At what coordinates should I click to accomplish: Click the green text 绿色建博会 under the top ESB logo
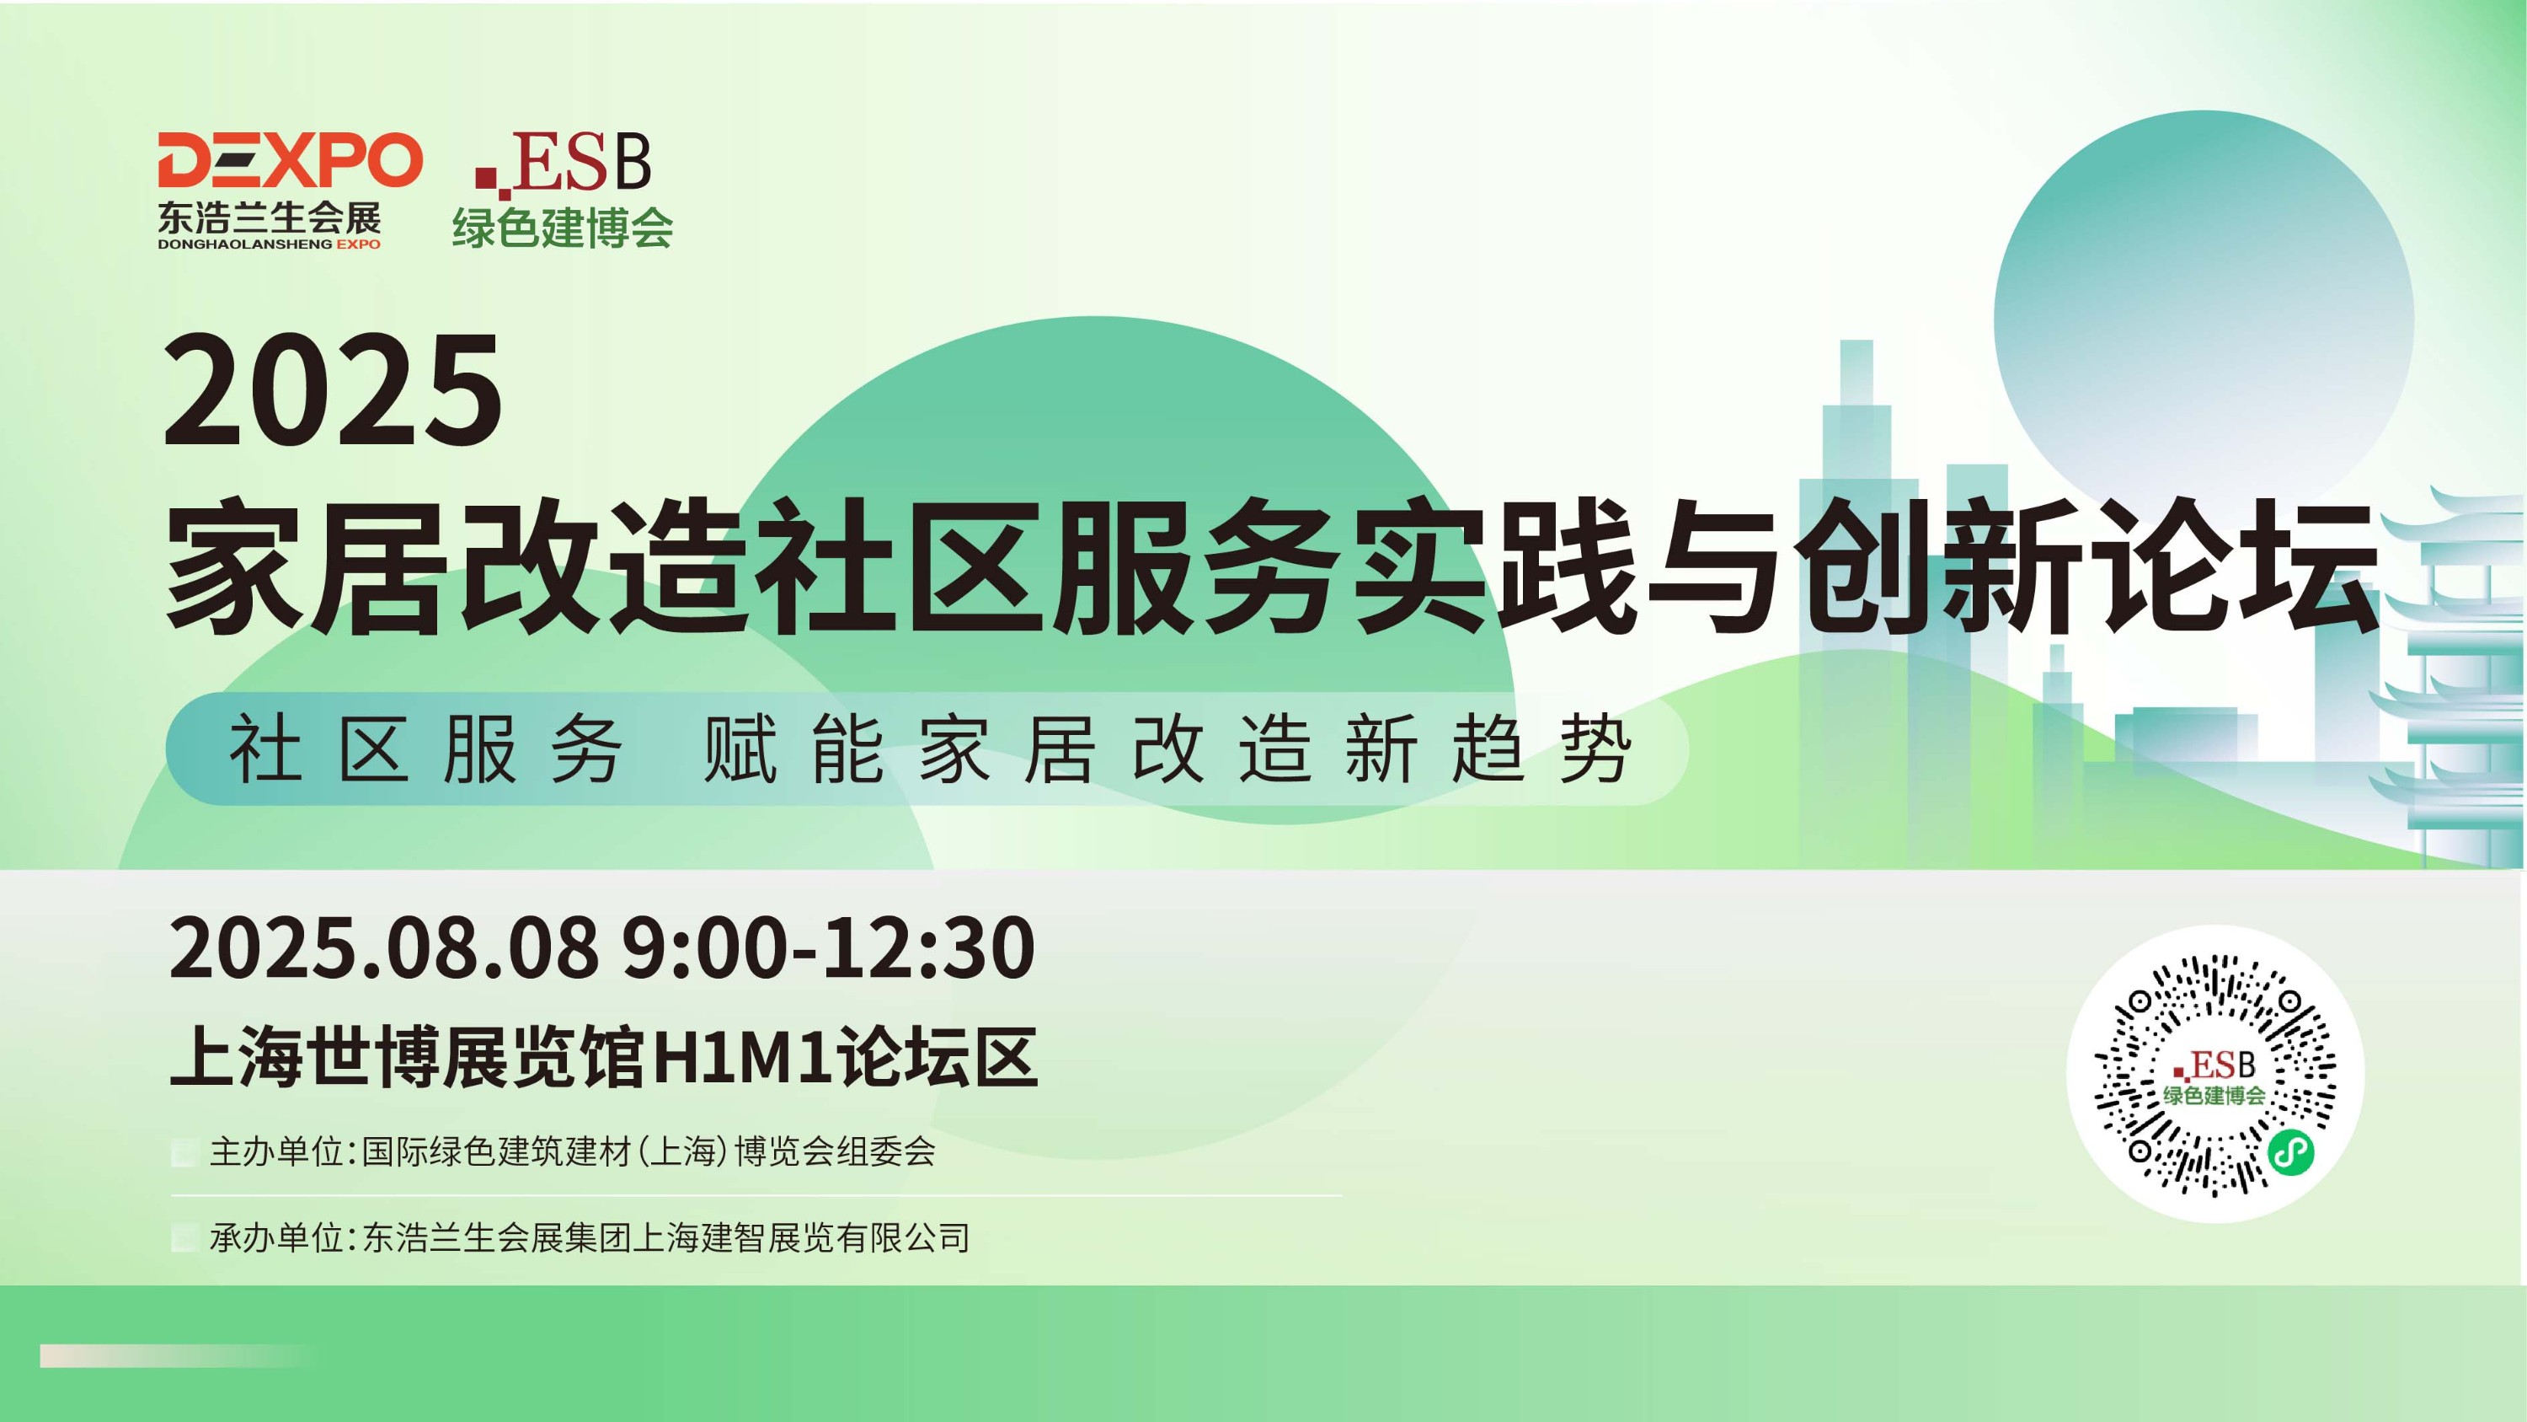point(562,227)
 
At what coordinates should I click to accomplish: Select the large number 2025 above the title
point(333,389)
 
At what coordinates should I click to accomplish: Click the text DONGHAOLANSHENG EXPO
point(269,244)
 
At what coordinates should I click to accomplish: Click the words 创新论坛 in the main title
point(2091,566)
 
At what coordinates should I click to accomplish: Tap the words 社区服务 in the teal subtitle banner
point(425,749)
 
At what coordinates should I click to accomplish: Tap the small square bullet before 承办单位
point(184,1238)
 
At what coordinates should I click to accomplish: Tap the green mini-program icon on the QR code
point(2290,1151)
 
